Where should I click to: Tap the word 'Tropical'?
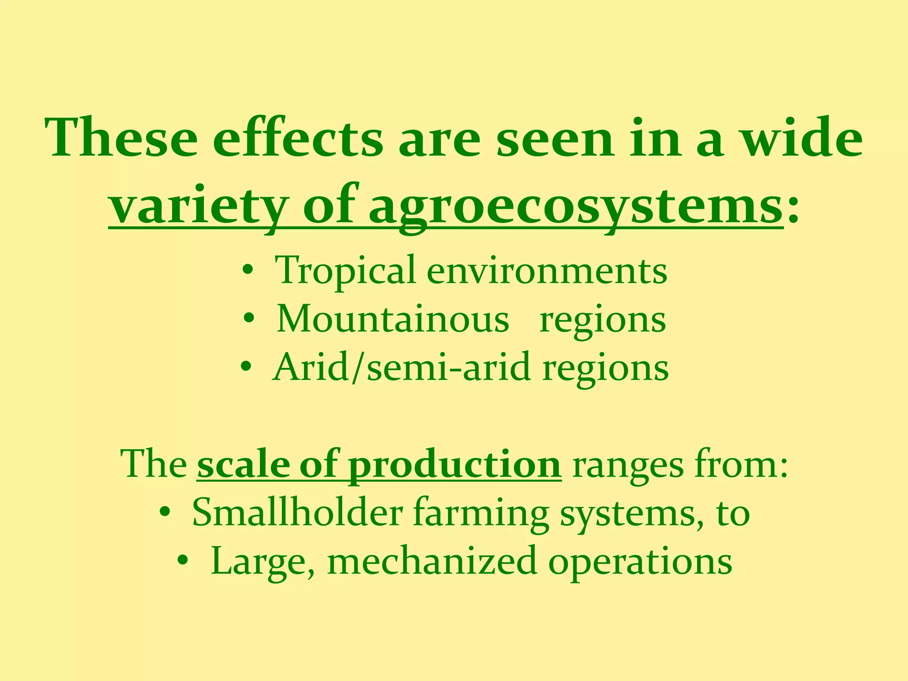coord(345,270)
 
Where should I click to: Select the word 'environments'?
coord(546,271)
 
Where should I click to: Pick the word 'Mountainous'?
coord(393,319)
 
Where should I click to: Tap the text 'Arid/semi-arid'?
coord(402,367)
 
